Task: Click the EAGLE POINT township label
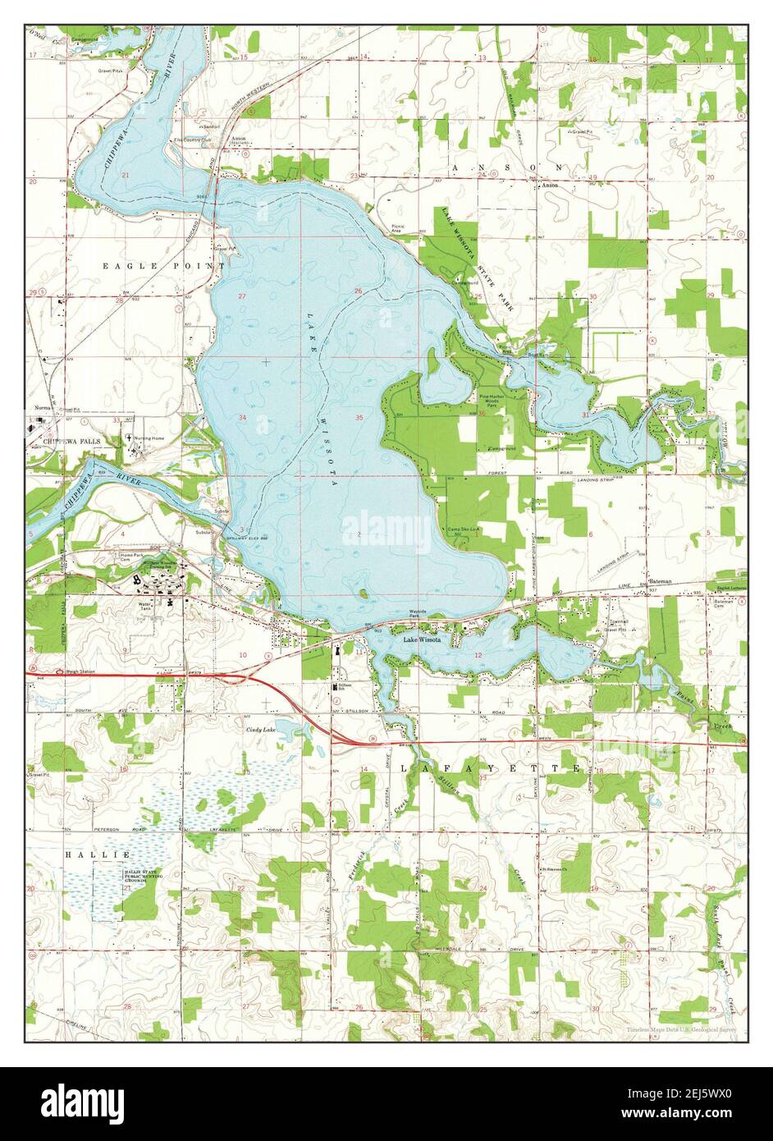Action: pos(163,266)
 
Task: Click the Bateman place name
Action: pos(659,581)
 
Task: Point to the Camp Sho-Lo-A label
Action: pos(463,529)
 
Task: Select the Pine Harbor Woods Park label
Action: pos(493,401)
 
